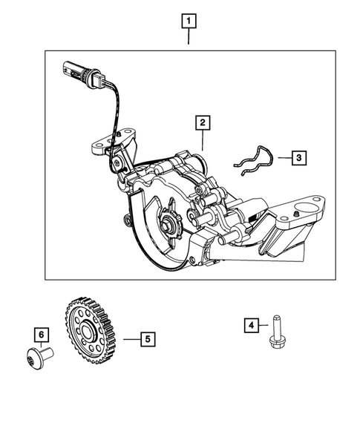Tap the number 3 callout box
[x=297, y=157]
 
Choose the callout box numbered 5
[x=148, y=339]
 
